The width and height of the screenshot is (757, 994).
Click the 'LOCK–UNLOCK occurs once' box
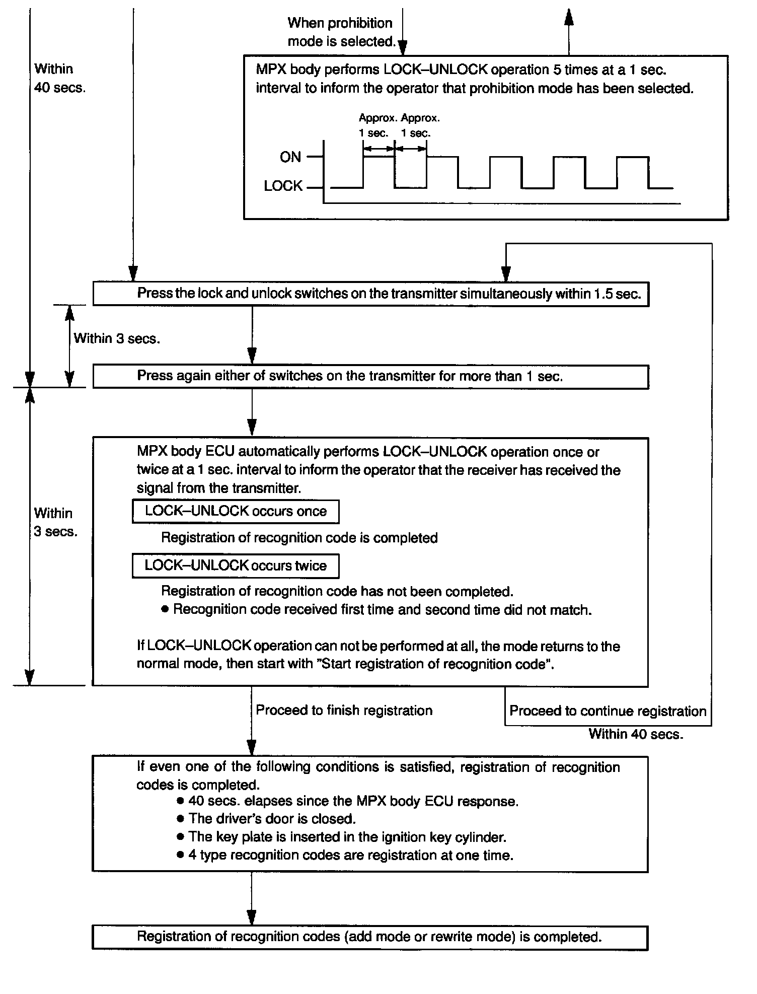coord(235,512)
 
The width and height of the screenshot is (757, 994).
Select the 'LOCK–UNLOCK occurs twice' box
coord(235,565)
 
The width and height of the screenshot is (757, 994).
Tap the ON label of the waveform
coord(290,157)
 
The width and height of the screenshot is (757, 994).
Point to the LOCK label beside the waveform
coord(283,186)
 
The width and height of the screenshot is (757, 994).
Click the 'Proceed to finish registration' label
coord(344,711)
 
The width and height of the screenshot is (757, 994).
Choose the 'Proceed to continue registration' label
coord(608,711)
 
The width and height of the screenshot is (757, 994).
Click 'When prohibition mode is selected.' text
coord(340,32)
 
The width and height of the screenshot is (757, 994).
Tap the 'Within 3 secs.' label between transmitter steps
coord(117,338)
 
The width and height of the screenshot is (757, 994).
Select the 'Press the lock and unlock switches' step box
coord(370,294)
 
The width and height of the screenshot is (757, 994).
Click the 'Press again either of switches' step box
coord(370,377)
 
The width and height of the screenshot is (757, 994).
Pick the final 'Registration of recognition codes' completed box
coord(369,937)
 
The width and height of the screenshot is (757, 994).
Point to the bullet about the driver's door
coord(272,819)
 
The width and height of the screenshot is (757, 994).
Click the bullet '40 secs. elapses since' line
coord(353,801)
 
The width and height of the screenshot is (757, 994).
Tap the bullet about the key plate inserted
coord(347,837)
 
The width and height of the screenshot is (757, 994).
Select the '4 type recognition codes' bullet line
coord(350,855)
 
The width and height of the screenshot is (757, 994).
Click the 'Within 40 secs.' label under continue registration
coord(636,734)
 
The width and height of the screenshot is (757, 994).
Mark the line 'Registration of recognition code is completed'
coord(299,538)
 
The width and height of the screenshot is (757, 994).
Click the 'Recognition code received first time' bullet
coord(382,610)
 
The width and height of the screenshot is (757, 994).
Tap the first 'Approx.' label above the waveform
coord(378,118)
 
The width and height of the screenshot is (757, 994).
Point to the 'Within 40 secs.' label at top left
coord(60,78)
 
